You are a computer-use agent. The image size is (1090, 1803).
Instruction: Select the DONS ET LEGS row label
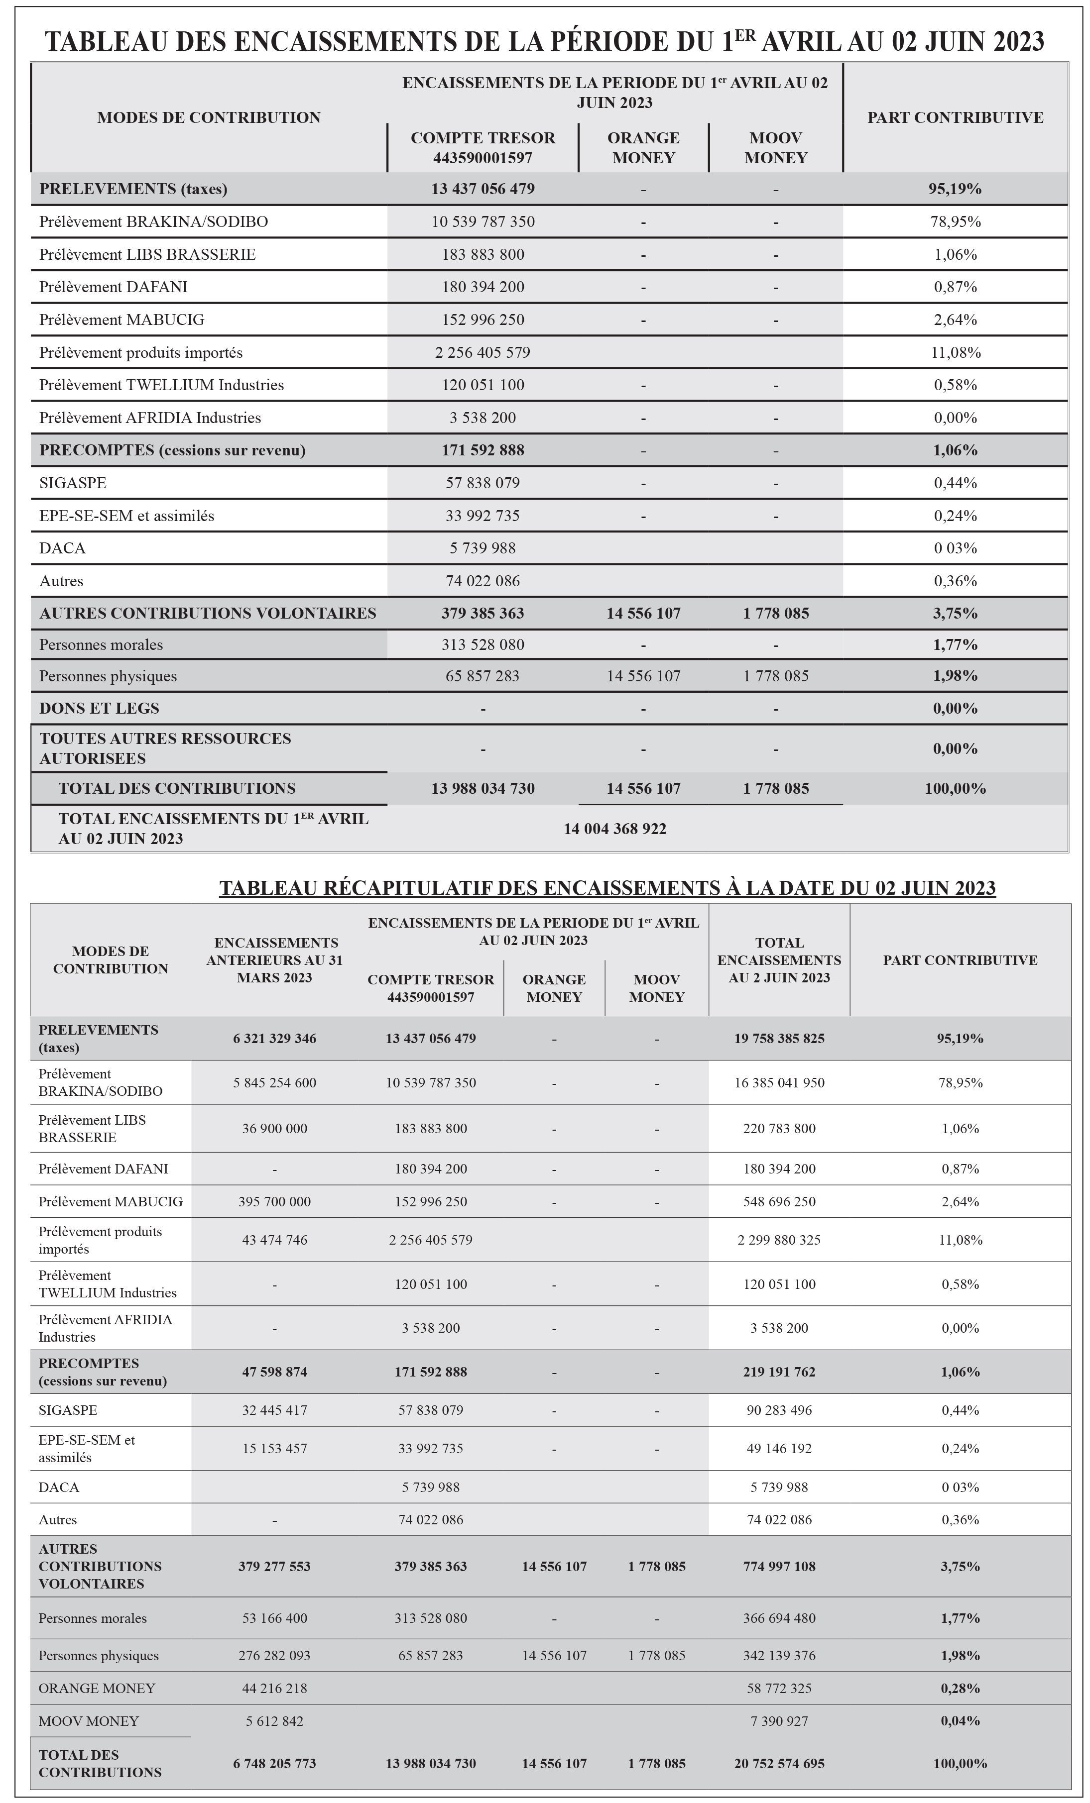[99, 708]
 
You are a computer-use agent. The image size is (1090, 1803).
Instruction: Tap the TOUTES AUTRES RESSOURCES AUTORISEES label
[165, 748]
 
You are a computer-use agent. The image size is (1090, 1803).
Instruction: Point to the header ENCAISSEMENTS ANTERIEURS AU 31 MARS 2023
[274, 959]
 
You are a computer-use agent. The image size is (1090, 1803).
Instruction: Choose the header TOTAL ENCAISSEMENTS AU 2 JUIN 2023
[779, 959]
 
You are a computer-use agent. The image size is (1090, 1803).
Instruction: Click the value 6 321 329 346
[274, 1038]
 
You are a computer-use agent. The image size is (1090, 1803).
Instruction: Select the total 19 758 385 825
[779, 1038]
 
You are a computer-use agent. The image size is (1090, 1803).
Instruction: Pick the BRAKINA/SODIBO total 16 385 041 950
[779, 1082]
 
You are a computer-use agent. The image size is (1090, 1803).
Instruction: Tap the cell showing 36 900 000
[274, 1128]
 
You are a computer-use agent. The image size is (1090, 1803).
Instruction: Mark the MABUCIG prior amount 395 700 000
[274, 1201]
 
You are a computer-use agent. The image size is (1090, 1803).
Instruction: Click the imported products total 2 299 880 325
[779, 1240]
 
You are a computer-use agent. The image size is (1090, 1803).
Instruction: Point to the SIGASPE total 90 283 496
[779, 1409]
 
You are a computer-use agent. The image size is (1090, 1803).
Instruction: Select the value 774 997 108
[779, 1566]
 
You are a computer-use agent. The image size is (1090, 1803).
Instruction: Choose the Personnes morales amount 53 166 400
[274, 1618]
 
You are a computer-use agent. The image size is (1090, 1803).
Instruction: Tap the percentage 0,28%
[960, 1688]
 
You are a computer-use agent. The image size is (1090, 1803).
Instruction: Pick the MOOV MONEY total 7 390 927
[779, 1721]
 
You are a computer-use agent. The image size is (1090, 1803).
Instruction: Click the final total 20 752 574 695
[779, 1764]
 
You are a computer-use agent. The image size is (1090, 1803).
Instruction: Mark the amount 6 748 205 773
[274, 1764]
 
